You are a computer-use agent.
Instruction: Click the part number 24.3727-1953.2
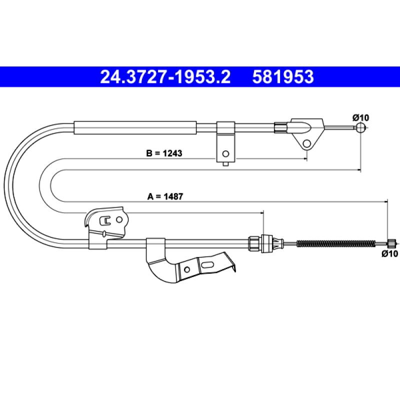[165, 77]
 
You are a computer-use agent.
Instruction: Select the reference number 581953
[283, 77]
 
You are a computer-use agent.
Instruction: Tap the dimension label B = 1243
[164, 153]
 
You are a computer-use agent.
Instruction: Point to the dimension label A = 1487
[165, 196]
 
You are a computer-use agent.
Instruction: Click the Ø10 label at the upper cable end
[360, 117]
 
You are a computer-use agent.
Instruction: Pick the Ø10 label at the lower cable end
[390, 253]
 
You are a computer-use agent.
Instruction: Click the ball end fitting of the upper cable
[360, 127]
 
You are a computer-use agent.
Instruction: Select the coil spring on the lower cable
[336, 243]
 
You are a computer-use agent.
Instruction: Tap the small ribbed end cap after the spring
[391, 243]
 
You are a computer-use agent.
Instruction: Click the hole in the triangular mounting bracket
[306, 144]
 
